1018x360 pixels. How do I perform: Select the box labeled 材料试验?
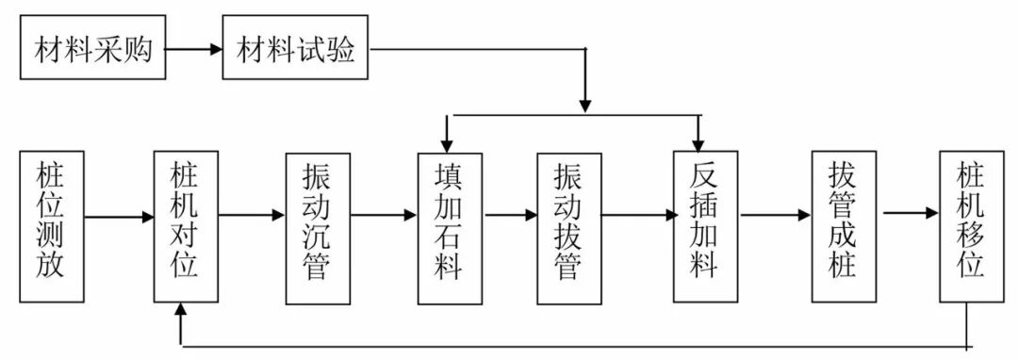coord(294,48)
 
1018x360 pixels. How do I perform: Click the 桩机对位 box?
coord(185,226)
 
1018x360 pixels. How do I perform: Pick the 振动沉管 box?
coord(317,226)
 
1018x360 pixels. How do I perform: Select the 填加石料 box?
coord(450,226)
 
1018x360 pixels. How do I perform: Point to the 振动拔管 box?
coord(568,226)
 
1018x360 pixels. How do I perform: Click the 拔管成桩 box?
coord(842,226)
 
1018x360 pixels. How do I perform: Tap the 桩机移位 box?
coord(972,226)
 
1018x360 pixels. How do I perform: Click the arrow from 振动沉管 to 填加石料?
coord(383,216)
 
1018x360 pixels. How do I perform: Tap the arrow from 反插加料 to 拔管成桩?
coord(775,216)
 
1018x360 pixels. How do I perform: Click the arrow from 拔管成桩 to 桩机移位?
coord(910,213)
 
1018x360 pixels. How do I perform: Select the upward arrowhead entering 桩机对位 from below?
coord(181,312)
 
